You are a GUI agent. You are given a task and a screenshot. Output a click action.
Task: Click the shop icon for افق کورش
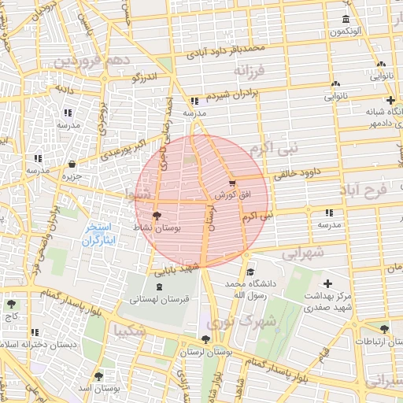coord(231,183)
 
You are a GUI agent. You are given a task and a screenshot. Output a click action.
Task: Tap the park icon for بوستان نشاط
coord(157,214)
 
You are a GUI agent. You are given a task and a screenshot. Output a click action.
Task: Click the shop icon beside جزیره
coord(72,165)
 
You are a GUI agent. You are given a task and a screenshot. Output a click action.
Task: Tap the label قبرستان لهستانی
coord(157,299)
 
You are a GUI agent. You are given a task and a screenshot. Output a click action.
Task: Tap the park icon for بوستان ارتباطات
coord(383,330)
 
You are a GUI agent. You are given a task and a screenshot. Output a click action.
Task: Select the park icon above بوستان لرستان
coord(205,339)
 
